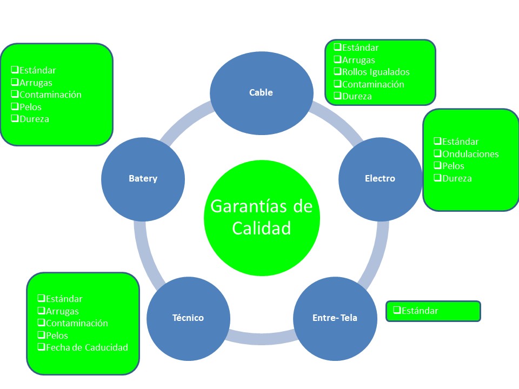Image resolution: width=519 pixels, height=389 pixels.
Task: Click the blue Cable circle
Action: point(261,92)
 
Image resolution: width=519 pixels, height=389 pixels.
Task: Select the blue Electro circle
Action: point(380,178)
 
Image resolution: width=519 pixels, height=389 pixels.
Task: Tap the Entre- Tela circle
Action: point(335,318)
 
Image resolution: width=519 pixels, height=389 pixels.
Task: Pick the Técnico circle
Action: point(188,318)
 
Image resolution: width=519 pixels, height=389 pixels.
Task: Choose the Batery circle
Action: point(143,178)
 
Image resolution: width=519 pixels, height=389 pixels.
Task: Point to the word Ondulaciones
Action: point(470,154)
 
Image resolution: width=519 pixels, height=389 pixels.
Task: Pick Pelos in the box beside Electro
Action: point(453,166)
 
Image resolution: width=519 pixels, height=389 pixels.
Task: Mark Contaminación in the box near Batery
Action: point(50,95)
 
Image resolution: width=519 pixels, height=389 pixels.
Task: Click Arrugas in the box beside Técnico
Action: point(62,311)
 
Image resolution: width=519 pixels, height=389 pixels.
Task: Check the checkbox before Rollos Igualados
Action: point(337,72)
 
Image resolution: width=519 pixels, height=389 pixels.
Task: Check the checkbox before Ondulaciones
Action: point(437,154)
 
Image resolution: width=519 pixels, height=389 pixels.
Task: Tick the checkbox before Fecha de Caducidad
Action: point(41,347)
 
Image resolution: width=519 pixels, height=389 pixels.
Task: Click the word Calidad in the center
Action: point(262,229)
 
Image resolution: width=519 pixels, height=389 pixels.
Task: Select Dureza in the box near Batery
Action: point(34,119)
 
